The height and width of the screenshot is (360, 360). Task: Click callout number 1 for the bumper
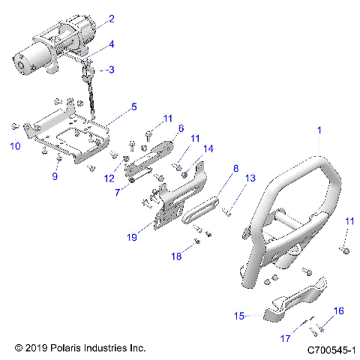point(319,130)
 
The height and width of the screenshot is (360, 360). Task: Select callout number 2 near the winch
point(111,19)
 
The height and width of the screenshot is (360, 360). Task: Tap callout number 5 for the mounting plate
point(133,107)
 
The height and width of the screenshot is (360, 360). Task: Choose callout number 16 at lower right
point(337,310)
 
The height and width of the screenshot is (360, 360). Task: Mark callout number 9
point(54,177)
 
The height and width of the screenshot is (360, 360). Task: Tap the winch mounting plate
point(71,135)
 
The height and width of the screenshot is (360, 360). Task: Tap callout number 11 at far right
point(349,221)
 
